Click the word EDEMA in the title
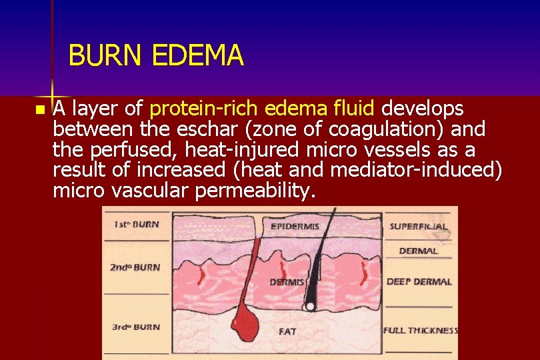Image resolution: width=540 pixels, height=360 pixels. (x=197, y=56)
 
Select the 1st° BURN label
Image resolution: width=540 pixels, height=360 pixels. (x=136, y=224)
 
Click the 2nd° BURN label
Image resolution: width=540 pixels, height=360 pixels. (x=135, y=267)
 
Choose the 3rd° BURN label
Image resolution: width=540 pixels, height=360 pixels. (x=135, y=327)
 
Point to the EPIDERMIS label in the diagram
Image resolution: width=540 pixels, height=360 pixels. (x=295, y=227)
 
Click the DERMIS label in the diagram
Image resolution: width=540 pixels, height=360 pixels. (x=287, y=282)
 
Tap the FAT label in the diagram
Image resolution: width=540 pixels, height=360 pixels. (x=287, y=331)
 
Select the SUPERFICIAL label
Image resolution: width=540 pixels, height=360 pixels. (x=419, y=227)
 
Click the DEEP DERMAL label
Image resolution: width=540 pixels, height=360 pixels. (x=419, y=281)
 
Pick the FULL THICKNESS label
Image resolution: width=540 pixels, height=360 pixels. (x=421, y=330)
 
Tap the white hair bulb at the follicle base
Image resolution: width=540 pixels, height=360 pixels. (x=309, y=307)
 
